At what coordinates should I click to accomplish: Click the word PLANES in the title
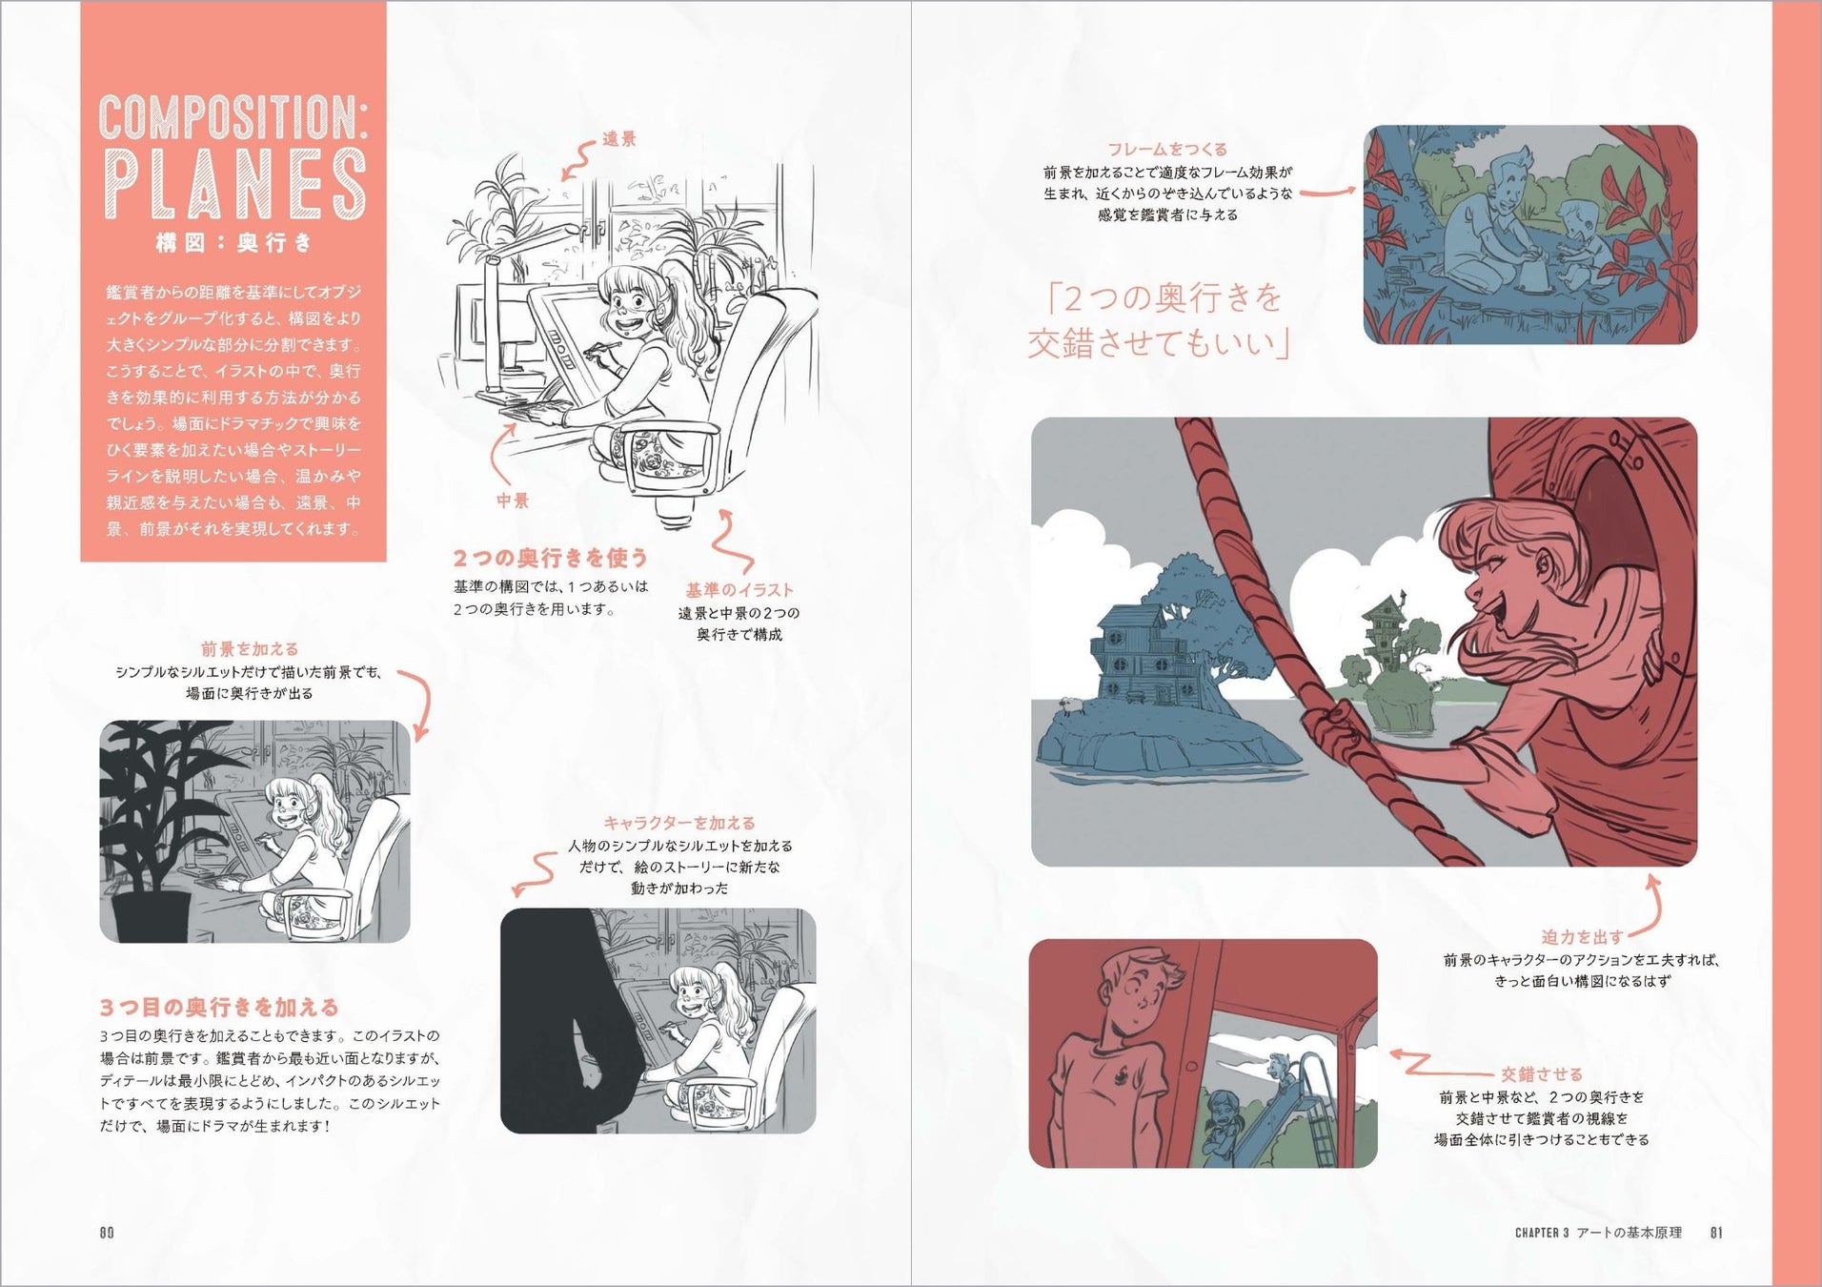tap(233, 183)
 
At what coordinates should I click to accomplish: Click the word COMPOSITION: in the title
tap(233, 117)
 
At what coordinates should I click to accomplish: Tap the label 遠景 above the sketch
tap(618, 139)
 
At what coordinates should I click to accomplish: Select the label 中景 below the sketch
tap(513, 500)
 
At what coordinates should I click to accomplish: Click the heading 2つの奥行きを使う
tap(551, 557)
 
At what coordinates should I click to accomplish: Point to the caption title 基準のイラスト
tap(739, 590)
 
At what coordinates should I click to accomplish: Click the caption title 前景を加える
tap(250, 649)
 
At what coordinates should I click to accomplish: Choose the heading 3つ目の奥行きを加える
tap(219, 1007)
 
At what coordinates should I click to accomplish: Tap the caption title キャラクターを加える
tap(679, 823)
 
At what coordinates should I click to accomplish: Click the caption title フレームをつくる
tap(1167, 149)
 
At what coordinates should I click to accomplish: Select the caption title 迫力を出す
tap(1582, 937)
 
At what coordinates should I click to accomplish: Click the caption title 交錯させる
tap(1541, 1074)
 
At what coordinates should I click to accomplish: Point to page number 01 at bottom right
tap(1716, 1233)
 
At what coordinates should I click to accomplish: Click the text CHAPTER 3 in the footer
tap(1542, 1233)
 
